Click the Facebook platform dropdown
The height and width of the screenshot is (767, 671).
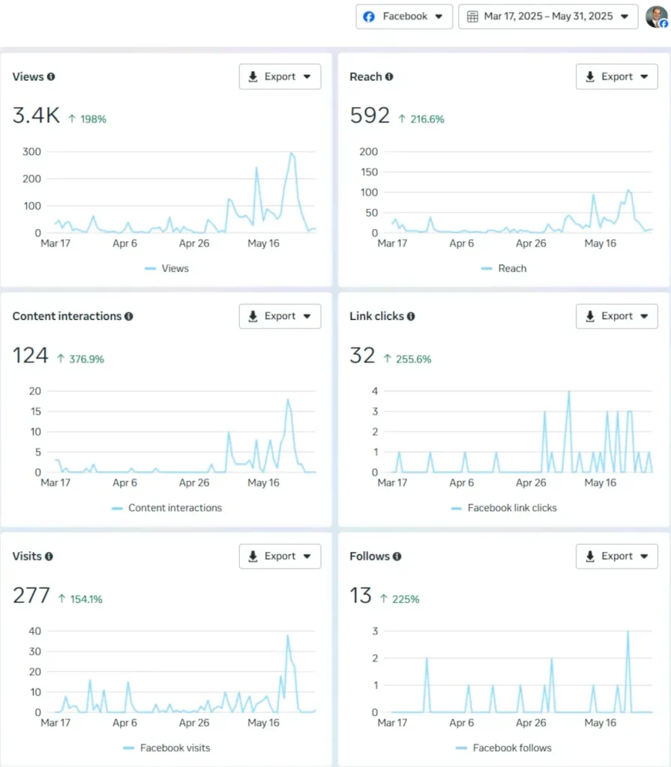pos(404,16)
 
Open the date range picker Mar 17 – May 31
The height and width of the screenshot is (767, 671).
pos(547,16)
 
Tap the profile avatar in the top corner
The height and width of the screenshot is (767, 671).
pos(656,16)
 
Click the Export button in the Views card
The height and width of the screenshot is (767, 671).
pos(280,76)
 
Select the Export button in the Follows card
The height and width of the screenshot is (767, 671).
pos(616,556)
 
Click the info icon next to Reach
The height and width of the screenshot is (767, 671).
pos(389,76)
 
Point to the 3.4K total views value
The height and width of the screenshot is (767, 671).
pos(36,116)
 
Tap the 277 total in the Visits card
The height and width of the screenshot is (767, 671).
pos(31,595)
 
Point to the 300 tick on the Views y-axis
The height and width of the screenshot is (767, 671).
pos(31,151)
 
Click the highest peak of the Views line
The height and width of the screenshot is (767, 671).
pos(292,153)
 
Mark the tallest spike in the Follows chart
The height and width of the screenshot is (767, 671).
pos(628,631)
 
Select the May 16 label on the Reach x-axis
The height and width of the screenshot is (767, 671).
pos(600,243)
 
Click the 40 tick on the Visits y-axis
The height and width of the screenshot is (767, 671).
pos(34,631)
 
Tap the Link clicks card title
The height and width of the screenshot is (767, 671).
pos(376,316)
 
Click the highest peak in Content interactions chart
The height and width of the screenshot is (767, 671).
pos(287,399)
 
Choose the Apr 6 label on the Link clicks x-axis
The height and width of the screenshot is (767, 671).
pos(461,483)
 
